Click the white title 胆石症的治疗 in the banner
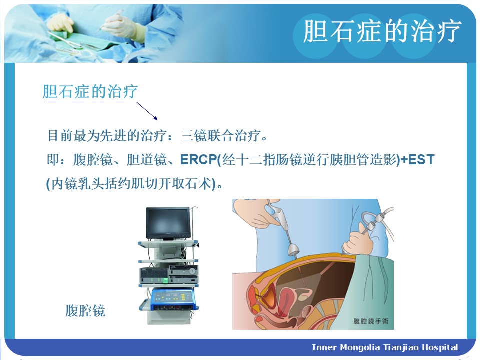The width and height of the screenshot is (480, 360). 381,30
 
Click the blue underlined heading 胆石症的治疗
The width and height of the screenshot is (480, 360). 90,91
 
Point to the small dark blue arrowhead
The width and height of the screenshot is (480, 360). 156,118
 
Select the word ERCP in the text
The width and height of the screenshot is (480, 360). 198,159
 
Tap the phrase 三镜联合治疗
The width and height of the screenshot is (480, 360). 220,135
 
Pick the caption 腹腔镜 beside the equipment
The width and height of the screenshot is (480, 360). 85,310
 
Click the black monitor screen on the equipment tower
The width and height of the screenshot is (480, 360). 168,223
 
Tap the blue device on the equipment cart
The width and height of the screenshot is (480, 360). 174,299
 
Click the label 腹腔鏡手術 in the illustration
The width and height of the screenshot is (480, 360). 370,321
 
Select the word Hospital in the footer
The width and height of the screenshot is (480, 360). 440,348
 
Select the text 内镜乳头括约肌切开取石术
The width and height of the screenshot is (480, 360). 131,184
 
